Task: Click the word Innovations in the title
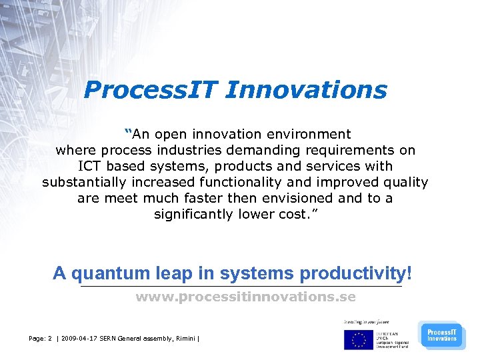tap(306, 89)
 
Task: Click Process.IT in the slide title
tap(150, 89)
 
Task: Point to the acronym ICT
tap(90, 166)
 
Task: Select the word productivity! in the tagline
tap(356, 273)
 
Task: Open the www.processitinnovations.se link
tap(245, 297)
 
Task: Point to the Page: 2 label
tap(41, 339)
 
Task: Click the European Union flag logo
tap(358, 339)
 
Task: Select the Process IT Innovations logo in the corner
tap(442, 335)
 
